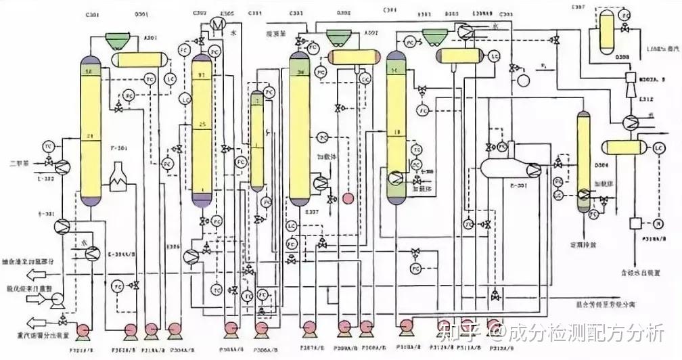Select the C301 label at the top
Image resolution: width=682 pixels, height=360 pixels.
93,14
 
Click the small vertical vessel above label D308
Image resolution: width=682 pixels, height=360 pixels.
604,31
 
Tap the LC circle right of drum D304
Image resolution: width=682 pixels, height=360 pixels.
658,148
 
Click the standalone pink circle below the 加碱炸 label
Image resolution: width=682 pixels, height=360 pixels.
348,198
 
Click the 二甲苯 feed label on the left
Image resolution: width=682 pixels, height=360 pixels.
19,162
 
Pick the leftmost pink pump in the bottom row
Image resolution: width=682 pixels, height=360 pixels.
83,330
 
